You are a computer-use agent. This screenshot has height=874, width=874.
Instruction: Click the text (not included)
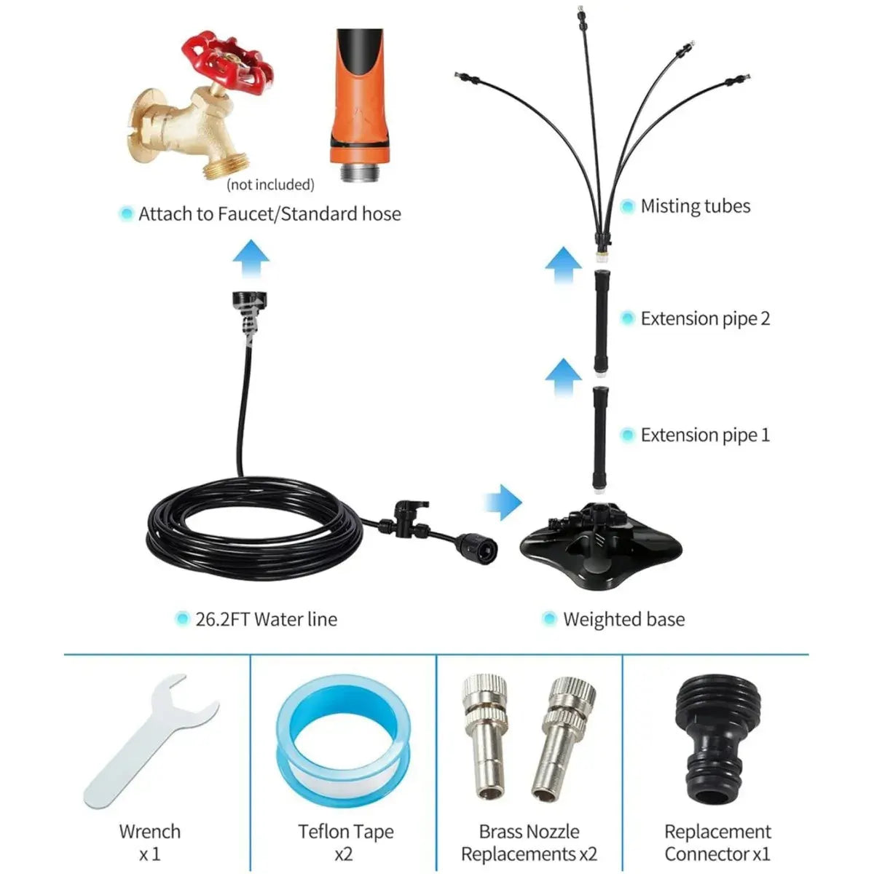[x=270, y=184]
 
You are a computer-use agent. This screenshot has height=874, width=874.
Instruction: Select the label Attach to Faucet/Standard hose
[x=269, y=213]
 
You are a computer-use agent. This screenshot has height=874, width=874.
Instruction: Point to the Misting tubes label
[x=696, y=206]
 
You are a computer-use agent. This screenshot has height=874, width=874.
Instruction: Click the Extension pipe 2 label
[x=705, y=318]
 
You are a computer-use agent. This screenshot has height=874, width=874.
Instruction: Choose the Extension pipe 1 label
[x=705, y=435]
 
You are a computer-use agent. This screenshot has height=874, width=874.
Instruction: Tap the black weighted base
[x=600, y=546]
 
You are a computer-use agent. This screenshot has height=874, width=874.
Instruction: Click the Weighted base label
[x=623, y=619]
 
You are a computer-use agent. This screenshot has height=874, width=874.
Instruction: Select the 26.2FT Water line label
[x=267, y=619]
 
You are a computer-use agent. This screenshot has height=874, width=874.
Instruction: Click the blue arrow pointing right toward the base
[x=503, y=502]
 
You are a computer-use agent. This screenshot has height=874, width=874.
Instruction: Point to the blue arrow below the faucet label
[x=251, y=258]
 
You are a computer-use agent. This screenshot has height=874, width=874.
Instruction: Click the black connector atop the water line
[x=249, y=310]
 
